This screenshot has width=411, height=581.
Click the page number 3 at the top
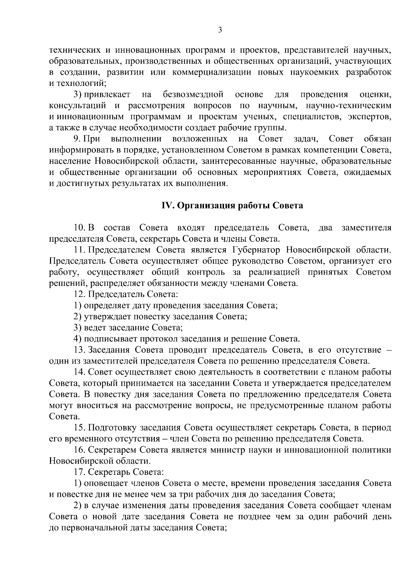220,30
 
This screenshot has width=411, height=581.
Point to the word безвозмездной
194,94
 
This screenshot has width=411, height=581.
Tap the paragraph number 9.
77,139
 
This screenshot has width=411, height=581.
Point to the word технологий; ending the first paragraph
82,83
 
